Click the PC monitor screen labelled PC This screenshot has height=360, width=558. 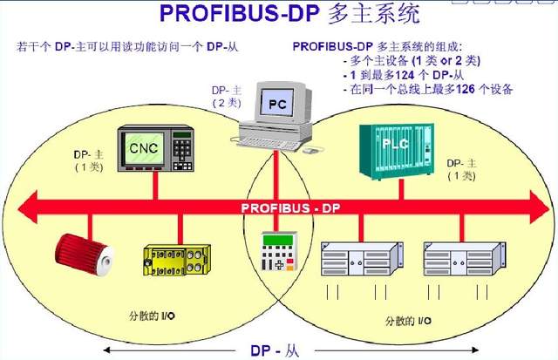[276, 105]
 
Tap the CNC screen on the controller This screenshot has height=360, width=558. [144, 148]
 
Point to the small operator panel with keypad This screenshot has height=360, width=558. [280, 254]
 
